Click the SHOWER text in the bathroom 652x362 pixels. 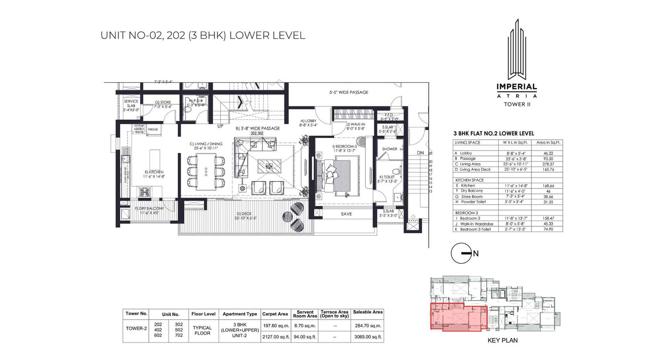[390, 149]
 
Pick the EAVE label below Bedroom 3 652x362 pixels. [346, 214]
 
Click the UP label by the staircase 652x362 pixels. [220, 126]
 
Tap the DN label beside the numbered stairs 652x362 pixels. [420, 153]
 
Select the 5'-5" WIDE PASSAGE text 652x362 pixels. [348, 92]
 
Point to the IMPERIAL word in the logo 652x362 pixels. [516, 87]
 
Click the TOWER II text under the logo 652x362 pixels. [516, 104]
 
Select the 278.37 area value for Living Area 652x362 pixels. [548, 164]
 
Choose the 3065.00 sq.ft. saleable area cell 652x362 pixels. [368, 337]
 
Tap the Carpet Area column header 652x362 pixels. [275, 314]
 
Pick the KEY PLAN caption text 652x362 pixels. [502, 340]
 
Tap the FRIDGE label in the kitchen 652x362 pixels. [153, 129]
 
